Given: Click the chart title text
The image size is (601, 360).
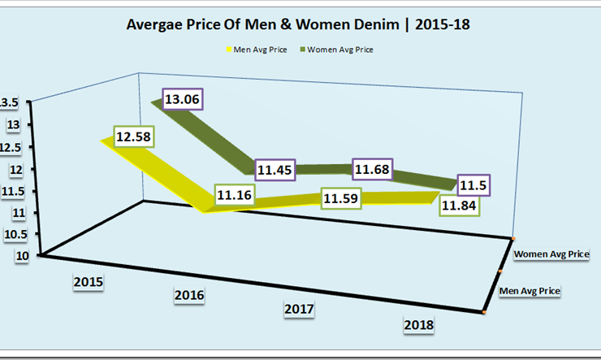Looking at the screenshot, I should tap(298, 25).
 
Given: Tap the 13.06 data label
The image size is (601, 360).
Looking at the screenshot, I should tap(182, 100).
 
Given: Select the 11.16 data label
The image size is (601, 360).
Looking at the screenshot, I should tap(234, 195).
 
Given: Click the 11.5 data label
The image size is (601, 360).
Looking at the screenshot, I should tap(474, 186).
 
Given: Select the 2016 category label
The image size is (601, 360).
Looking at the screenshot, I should tap(188, 295).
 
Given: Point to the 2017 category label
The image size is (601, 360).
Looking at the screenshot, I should tap(299, 310).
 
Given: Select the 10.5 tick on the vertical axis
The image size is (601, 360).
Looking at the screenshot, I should tap(15, 234).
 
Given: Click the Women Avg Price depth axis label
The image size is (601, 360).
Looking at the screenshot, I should tap(551, 255).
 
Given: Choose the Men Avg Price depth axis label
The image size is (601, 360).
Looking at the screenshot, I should tap(530, 290).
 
